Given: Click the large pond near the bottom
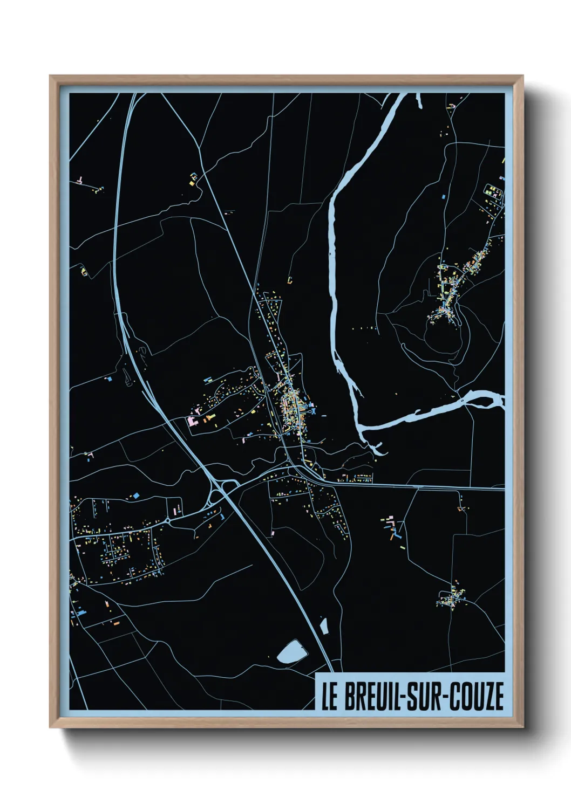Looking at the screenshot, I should pos(292,652).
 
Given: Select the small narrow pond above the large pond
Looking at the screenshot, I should pos(324,626).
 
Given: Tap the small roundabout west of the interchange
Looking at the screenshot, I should pos(168,520).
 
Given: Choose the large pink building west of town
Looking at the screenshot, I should pos(192,421).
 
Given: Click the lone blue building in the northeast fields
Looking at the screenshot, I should pos(443,197).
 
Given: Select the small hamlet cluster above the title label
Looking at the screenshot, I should pos(451,597).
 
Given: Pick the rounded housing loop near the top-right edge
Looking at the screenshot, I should pos(494,191).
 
